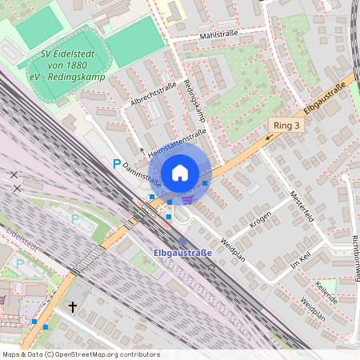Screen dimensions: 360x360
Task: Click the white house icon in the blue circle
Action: tap(180, 173)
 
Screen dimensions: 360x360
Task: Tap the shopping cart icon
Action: tap(187, 200)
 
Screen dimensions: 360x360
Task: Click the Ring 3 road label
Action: tap(287, 126)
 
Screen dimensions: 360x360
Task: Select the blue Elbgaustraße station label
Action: tap(182, 254)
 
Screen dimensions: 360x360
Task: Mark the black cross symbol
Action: tap(72, 306)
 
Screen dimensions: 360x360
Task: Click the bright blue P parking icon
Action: tap(116, 165)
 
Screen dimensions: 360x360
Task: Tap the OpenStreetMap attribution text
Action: tap(80, 354)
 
